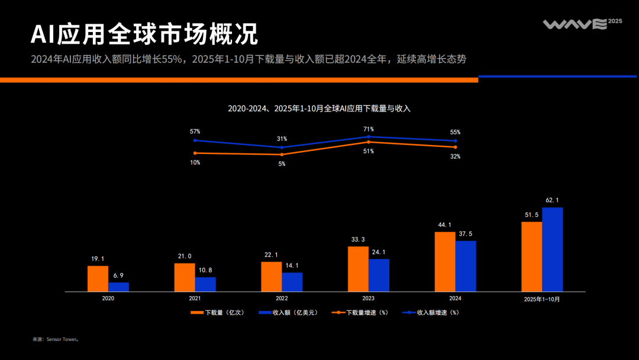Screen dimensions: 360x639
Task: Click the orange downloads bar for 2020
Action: point(98,278)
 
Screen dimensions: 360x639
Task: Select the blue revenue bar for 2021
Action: point(205,284)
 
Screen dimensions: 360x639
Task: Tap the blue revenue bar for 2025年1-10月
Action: point(552,249)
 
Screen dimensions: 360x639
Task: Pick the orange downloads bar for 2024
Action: point(445,261)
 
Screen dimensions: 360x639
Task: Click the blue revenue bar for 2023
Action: point(379,275)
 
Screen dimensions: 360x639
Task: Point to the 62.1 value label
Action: point(552,200)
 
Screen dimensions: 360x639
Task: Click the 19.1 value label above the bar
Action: point(98,259)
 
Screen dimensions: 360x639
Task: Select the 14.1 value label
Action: point(292,266)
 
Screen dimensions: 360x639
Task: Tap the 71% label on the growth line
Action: point(369,129)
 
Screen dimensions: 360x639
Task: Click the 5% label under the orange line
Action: point(282,163)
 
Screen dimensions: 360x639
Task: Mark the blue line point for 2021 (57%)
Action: point(195,140)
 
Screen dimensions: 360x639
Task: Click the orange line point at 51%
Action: point(369,142)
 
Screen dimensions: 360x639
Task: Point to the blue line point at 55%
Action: point(455,141)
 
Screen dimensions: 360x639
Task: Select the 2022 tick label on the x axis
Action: point(282,299)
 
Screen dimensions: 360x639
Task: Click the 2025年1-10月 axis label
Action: point(541,300)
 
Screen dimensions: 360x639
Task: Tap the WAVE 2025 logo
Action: point(582,24)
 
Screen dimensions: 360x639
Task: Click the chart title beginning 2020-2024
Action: point(319,108)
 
